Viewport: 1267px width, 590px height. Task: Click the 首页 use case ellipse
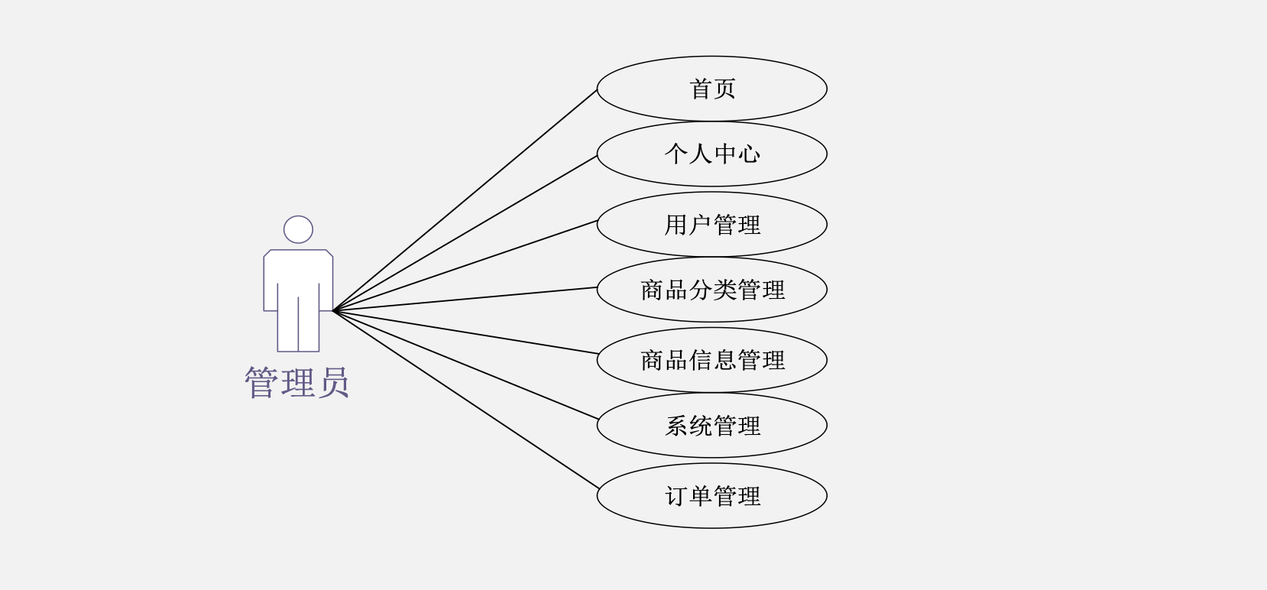click(711, 89)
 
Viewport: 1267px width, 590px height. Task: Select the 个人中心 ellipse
click(711, 154)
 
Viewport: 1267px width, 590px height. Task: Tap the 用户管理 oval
click(711, 225)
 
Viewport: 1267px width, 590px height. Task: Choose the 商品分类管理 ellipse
click(711, 290)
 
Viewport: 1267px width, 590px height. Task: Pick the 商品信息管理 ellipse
click(711, 360)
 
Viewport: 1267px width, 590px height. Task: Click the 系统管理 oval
click(711, 426)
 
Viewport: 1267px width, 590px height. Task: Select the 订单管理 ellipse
click(711, 496)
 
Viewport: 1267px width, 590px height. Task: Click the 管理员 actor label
click(296, 382)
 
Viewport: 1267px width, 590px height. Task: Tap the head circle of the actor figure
click(298, 229)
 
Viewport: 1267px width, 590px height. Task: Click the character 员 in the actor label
click(334, 382)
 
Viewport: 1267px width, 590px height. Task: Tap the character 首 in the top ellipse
click(700, 89)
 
